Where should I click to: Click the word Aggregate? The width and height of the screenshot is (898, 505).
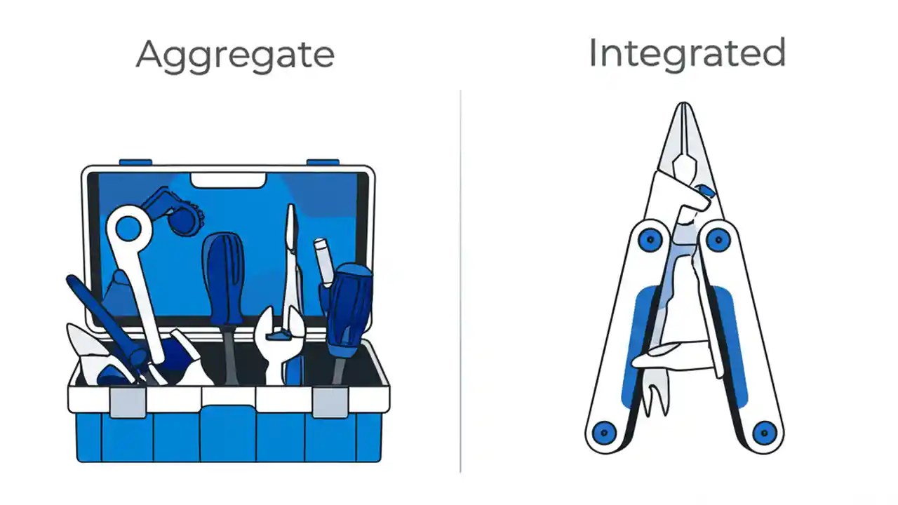(235, 55)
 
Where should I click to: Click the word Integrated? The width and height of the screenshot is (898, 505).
(686, 53)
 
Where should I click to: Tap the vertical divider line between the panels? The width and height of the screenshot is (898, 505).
(460, 281)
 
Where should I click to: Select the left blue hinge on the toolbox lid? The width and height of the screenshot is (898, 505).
(135, 162)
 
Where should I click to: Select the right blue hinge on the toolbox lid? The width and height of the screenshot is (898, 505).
(323, 162)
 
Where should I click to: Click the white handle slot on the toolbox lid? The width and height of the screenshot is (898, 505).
(228, 180)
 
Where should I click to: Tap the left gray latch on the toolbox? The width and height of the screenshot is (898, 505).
(128, 402)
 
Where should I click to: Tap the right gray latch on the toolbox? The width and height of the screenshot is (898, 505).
(330, 402)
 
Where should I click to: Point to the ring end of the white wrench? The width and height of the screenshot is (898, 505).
(128, 228)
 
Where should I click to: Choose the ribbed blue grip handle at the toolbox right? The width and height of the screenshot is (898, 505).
(348, 309)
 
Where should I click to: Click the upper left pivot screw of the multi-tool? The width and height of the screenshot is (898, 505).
(650, 240)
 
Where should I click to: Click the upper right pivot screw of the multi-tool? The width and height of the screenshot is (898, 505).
(718, 240)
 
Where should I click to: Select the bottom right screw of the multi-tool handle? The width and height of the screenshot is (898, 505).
(764, 431)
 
